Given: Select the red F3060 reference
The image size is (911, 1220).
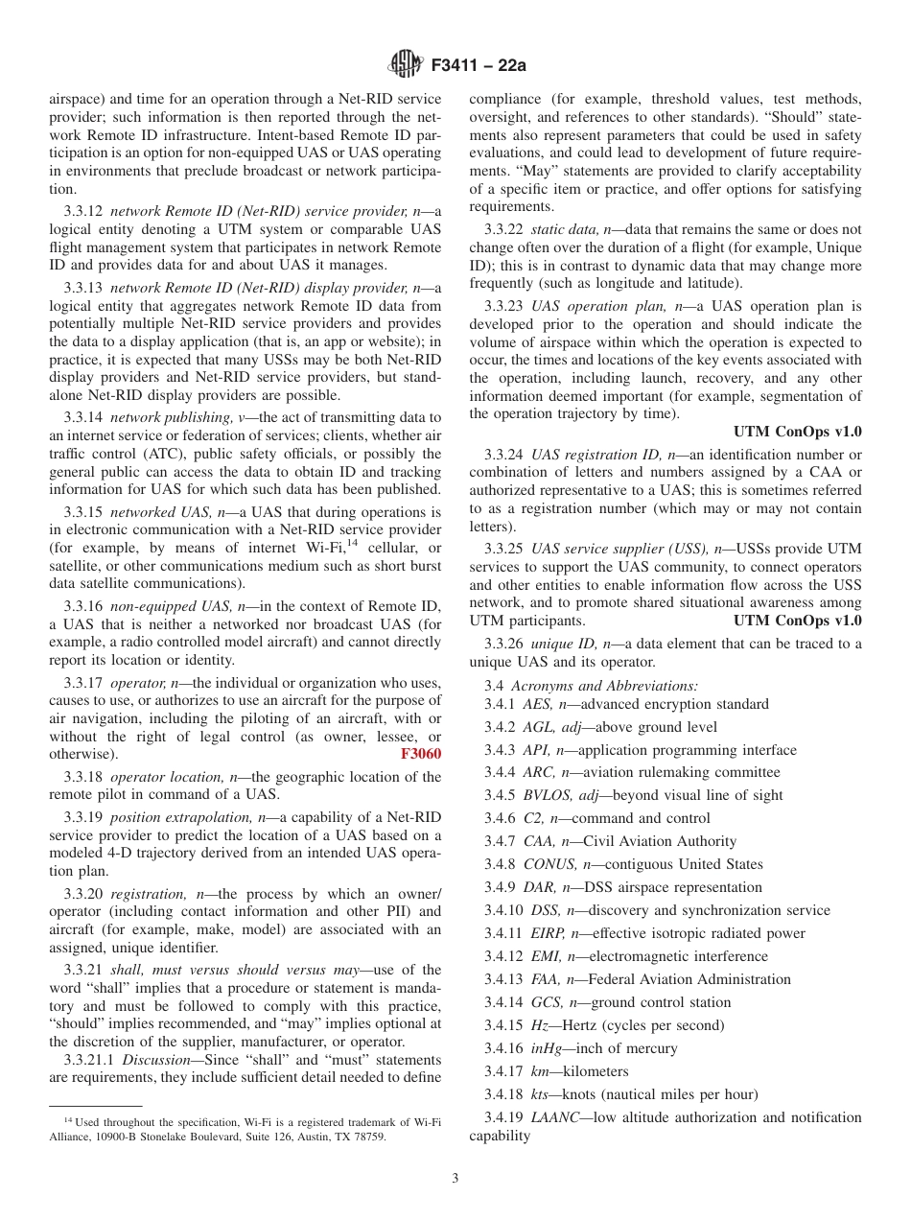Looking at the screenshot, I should (420, 754).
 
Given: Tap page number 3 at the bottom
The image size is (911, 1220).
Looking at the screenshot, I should (455, 1179).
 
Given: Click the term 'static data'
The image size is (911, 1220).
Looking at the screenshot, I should (563, 229).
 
